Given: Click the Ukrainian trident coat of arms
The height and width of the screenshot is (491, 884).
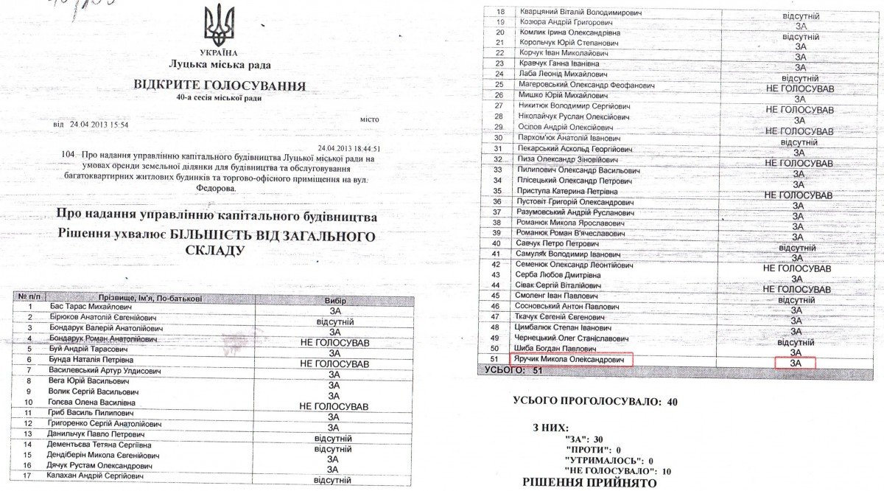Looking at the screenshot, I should click(x=220, y=26).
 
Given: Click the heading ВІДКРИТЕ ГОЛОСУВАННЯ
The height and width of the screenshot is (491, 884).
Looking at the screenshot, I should click(x=220, y=86).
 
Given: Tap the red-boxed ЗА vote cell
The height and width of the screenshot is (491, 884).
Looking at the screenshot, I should click(x=796, y=363).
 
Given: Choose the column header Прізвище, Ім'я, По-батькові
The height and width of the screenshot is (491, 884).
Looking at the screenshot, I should click(x=136, y=299).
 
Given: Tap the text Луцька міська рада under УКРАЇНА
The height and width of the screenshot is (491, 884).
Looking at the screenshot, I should click(x=219, y=64).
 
